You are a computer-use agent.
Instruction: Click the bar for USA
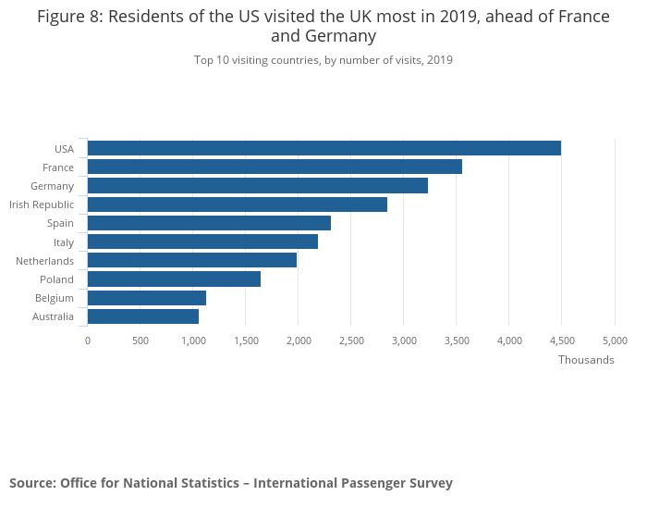point(323,148)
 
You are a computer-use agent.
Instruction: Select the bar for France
point(275,167)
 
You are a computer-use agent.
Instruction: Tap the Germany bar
point(257,185)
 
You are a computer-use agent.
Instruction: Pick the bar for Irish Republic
point(237,204)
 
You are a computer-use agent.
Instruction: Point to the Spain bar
point(209,223)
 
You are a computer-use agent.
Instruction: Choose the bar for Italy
point(202,242)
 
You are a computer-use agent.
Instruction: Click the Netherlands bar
point(191,260)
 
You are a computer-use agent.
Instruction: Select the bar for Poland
point(174,279)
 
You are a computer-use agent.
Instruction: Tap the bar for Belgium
point(146,298)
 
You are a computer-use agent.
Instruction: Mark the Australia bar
point(142,316)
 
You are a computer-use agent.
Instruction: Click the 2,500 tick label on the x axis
point(351,341)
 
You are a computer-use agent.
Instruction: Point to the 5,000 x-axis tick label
point(615,341)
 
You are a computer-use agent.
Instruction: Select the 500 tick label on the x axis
point(140,341)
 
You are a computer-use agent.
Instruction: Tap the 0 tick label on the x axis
point(88,341)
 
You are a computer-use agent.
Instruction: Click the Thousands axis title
point(586,360)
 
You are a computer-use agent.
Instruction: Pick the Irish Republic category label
point(42,204)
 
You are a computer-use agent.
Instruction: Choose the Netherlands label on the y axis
point(44,261)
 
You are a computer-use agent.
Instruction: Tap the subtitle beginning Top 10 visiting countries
point(323,60)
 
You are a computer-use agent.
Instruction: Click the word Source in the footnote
point(31,483)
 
